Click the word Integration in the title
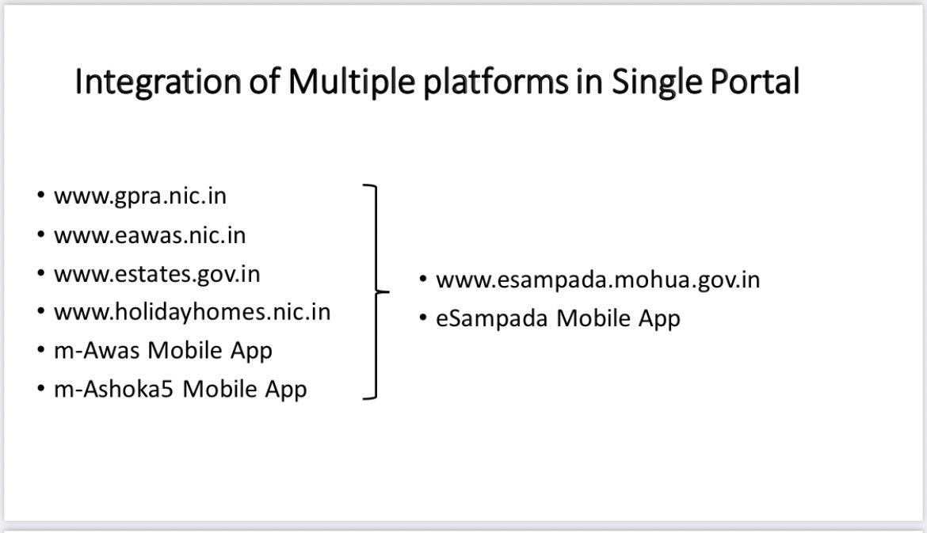point(158,82)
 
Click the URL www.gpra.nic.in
point(140,196)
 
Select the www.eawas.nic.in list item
point(150,235)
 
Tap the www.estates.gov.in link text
point(157,274)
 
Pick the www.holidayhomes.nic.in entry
point(193,312)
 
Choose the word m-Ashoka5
point(113,389)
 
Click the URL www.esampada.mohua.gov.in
point(597,280)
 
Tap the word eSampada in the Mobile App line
point(492,318)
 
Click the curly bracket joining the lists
point(376,292)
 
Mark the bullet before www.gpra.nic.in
point(40,195)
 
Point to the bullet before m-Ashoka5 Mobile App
point(40,388)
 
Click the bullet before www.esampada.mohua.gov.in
point(423,278)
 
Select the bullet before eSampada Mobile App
point(423,318)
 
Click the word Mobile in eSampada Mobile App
point(593,318)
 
